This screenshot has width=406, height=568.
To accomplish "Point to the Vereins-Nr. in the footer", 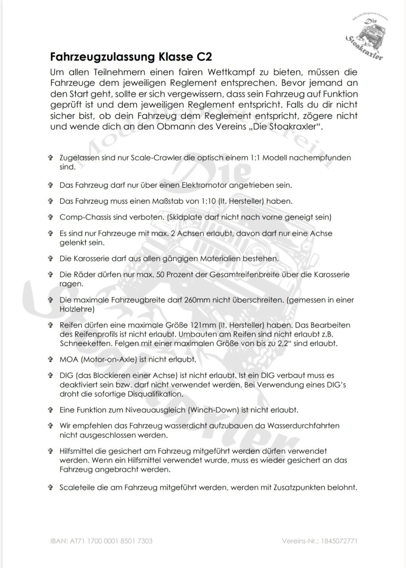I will pyautogui.click(x=319, y=541).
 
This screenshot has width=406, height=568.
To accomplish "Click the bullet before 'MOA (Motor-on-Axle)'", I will pyautogui.click(x=50, y=360).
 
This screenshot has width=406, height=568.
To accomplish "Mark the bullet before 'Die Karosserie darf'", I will pyautogui.click(x=50, y=258).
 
